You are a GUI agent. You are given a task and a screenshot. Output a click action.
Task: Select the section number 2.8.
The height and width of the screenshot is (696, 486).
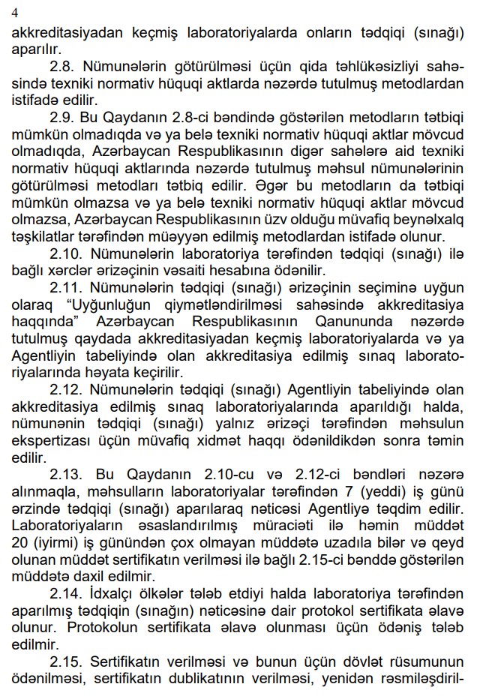[x=62, y=67]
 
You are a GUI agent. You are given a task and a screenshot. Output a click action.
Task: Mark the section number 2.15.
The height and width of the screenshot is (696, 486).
[x=66, y=661]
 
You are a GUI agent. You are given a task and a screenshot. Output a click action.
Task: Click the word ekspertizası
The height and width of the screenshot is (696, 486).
[x=46, y=441]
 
